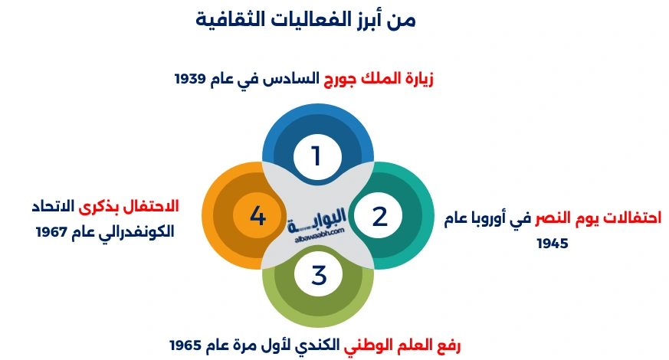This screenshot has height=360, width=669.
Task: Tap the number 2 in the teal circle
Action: pyautogui.click(x=379, y=217)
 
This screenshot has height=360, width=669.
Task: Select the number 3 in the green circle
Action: pyautogui.click(x=319, y=274)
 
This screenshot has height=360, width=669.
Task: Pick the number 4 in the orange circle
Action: pyautogui.click(x=257, y=217)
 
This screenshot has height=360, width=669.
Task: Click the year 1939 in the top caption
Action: pyautogui.click(x=192, y=79)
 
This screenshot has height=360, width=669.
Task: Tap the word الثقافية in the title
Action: pyautogui.click(x=235, y=19)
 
